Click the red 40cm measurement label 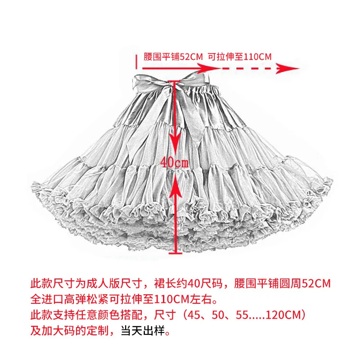[175, 162]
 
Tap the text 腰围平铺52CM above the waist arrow [173, 57]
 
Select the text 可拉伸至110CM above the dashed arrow [239, 57]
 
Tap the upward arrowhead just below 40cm [175, 180]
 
